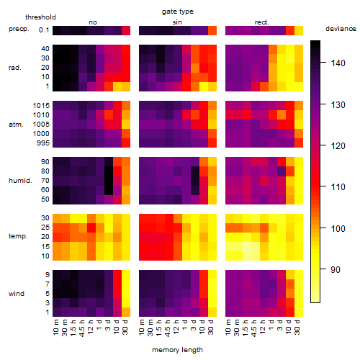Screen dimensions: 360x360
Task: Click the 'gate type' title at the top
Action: [x=178, y=12]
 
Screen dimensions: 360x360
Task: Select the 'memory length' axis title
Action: [x=177, y=350]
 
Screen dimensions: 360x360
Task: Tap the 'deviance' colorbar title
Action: [x=341, y=29]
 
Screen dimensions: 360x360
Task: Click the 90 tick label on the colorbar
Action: [x=336, y=270]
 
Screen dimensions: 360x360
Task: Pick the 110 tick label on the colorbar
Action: [x=338, y=187]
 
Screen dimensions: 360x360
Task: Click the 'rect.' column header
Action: [x=261, y=22]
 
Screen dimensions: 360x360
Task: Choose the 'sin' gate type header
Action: [x=177, y=22]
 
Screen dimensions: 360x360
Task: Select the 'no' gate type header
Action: [x=93, y=22]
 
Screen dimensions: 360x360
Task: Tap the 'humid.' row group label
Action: [x=20, y=181]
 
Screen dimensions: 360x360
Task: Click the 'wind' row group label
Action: [x=17, y=294]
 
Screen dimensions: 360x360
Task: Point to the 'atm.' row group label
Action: [x=16, y=125]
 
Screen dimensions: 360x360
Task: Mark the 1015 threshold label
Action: [x=41, y=105]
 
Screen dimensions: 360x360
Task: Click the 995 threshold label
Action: [x=43, y=143]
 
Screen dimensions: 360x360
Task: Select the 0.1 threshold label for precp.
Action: [x=44, y=30]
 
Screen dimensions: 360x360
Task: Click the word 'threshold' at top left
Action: [x=40, y=17]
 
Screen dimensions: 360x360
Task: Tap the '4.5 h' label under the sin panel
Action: [x=167, y=328]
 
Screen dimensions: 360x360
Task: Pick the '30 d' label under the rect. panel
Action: [x=297, y=327]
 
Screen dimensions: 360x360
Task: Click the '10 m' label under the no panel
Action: [x=55, y=328]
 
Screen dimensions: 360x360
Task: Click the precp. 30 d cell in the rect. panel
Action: [x=299, y=30]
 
